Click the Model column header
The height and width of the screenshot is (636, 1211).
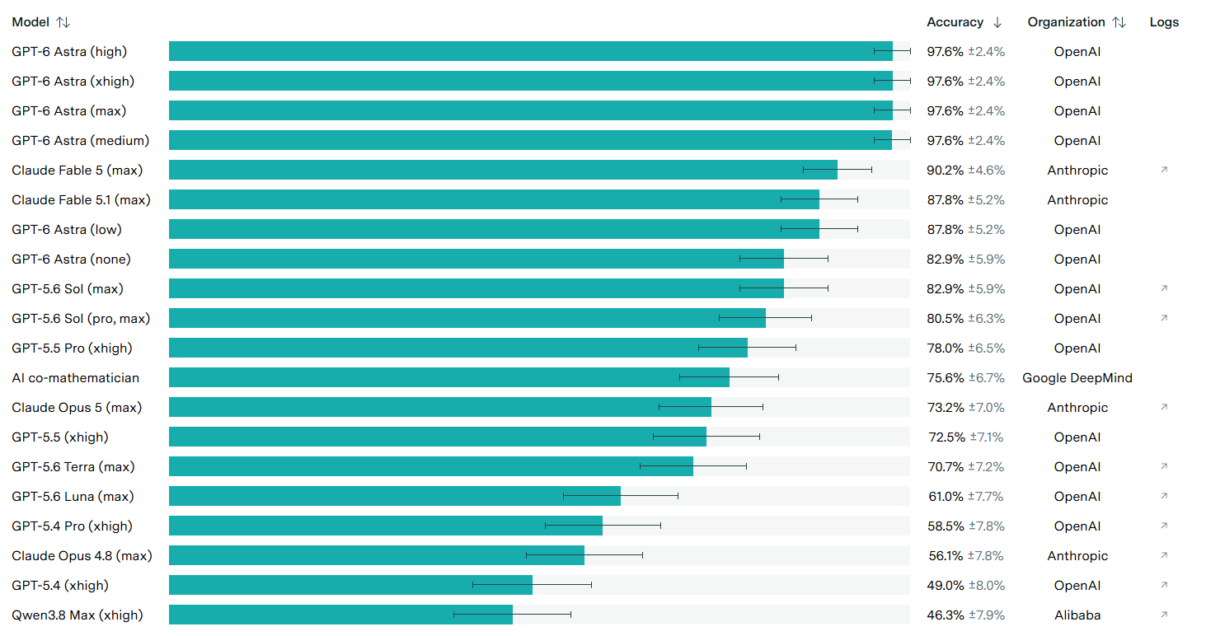point(31,22)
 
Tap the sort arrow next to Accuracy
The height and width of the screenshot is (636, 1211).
point(997,22)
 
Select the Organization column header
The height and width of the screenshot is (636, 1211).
point(1066,22)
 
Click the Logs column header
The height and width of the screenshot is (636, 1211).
point(1164,22)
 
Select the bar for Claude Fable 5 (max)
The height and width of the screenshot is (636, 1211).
point(503,170)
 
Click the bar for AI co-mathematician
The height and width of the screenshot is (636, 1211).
point(448,377)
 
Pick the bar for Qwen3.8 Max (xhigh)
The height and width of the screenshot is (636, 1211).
point(340,615)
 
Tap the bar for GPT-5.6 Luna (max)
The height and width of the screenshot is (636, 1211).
point(395,496)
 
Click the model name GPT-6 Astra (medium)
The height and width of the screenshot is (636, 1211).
point(81,141)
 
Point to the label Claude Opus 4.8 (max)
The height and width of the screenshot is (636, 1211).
point(82,555)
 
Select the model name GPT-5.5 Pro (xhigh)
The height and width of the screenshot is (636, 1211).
point(72,348)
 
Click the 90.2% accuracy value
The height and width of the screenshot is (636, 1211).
point(945,171)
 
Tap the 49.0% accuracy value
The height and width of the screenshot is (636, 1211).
point(945,585)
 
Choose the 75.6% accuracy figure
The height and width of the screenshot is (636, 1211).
point(945,377)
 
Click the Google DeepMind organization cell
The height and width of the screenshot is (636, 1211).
point(1077,377)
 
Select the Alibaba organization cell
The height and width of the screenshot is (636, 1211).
point(1077,615)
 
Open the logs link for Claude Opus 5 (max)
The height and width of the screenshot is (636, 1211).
point(1164,407)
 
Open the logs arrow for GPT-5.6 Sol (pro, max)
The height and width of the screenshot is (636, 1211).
point(1164,318)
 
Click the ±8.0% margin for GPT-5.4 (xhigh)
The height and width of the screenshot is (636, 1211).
point(987,585)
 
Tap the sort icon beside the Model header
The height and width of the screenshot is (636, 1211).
point(63,22)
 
